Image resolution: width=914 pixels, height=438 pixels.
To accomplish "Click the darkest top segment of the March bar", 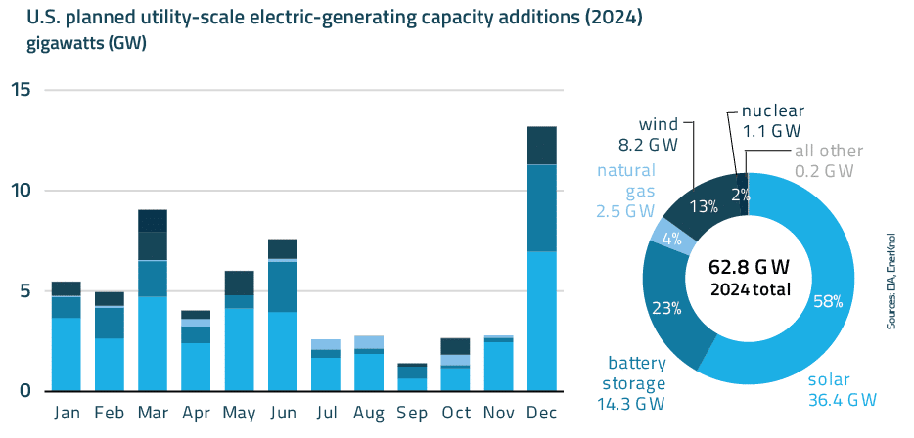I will (152, 220).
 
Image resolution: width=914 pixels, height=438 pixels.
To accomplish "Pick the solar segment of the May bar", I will (239, 349).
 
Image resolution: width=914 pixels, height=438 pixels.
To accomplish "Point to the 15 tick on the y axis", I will (22, 90).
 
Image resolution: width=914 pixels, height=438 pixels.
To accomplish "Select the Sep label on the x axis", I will (412, 413).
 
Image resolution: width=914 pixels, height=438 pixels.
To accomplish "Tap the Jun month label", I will (282, 413).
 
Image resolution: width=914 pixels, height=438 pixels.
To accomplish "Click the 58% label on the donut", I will (827, 301).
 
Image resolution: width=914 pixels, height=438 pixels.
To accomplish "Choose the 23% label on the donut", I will (665, 308).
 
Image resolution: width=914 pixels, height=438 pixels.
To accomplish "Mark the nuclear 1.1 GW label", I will (771, 120).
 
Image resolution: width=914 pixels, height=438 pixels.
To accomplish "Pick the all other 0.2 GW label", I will (829, 160).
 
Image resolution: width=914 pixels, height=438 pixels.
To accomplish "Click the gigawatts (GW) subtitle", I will (74, 44).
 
